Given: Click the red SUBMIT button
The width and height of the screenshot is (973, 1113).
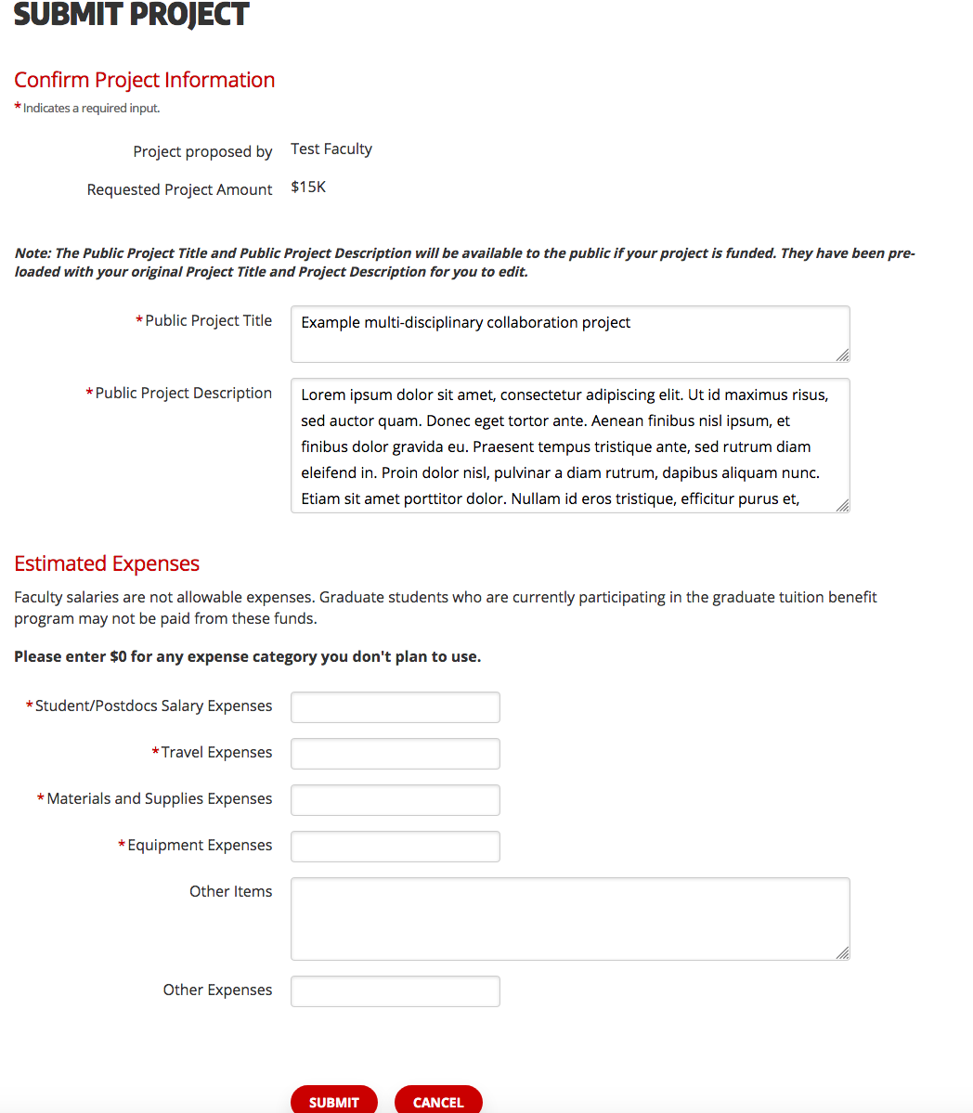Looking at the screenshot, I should tap(334, 1101).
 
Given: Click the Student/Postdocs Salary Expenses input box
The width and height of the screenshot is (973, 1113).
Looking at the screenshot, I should tap(395, 707).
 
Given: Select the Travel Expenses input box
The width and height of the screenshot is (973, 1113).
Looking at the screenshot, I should tap(395, 754).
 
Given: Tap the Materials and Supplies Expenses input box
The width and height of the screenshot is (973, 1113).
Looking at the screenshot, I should tap(395, 800).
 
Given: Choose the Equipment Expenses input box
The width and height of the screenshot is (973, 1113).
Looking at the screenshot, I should tap(395, 847).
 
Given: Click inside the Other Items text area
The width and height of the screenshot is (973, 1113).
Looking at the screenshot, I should tap(569, 918).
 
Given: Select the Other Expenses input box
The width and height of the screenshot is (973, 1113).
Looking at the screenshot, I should tap(395, 991).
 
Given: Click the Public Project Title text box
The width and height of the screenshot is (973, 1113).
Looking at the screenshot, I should tap(569, 334).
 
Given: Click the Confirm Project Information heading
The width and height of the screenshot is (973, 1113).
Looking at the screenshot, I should tap(144, 80).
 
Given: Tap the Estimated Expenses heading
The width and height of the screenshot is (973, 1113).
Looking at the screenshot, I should tap(107, 563).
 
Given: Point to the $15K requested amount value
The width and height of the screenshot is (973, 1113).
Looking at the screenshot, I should tap(308, 188).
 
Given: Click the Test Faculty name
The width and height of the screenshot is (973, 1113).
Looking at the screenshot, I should tap(331, 149).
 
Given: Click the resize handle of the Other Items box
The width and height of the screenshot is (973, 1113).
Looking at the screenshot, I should tap(842, 952).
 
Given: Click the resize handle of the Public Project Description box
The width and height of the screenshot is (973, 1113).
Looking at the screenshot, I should tap(842, 505).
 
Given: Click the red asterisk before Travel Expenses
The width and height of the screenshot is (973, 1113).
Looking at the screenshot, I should tap(156, 751).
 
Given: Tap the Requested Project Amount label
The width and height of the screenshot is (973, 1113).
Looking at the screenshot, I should tap(179, 189).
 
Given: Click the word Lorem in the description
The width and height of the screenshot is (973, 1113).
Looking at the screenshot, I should tap(321, 395).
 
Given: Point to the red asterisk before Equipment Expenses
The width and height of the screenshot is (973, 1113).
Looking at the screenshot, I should tap(122, 844).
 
